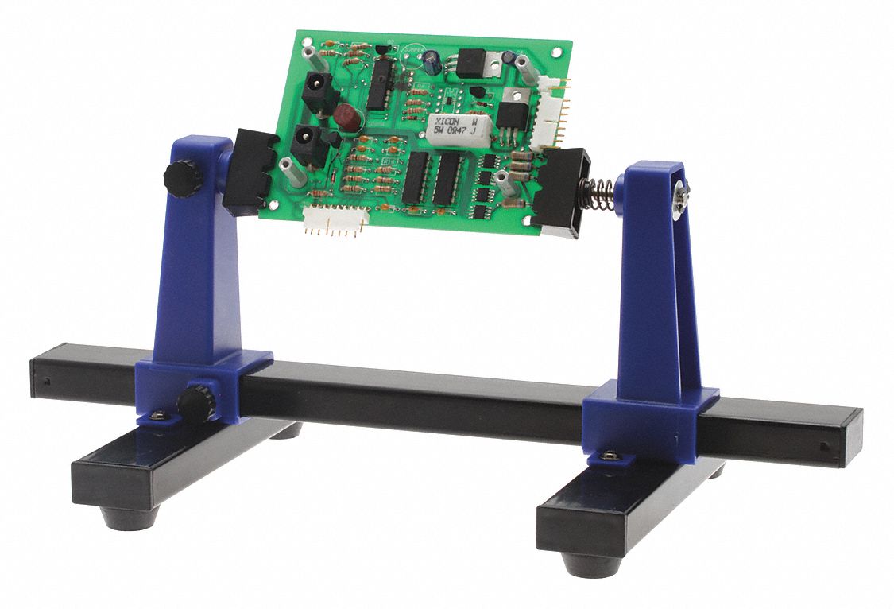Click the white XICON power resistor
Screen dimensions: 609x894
456,128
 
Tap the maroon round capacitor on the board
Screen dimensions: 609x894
346,118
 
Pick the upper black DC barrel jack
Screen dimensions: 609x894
318,92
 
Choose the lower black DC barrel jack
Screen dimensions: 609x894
308,144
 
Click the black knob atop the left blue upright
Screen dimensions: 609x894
182,178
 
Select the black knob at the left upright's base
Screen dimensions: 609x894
195,402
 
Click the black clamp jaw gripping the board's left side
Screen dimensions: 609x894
249,172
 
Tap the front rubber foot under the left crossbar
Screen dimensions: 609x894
130,519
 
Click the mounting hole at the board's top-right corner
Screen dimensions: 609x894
562,49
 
